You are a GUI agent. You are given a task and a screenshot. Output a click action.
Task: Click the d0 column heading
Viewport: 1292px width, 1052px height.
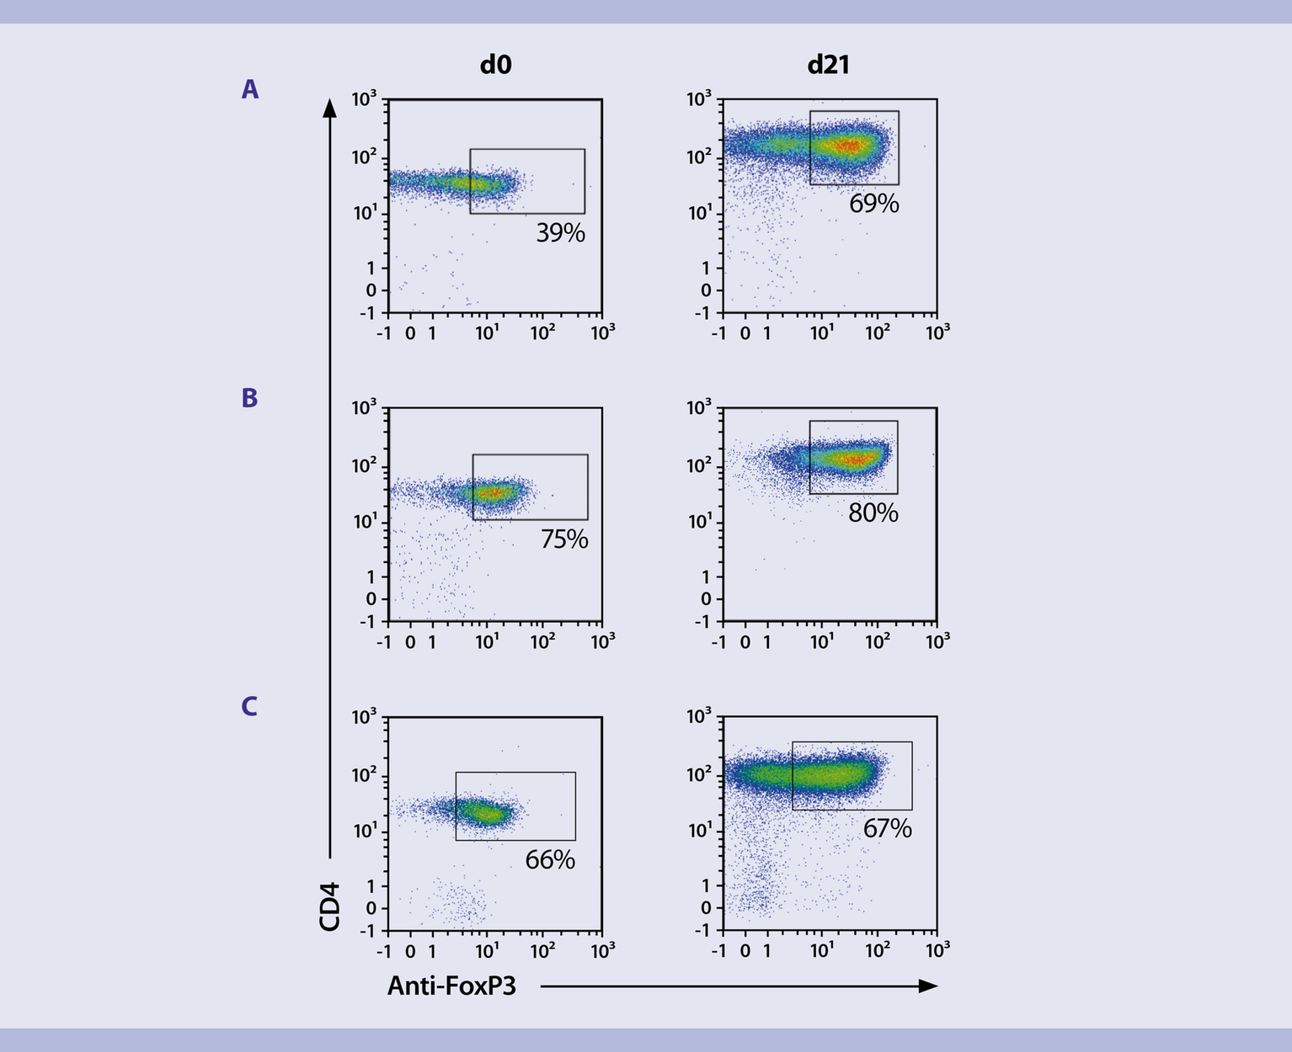tap(495, 65)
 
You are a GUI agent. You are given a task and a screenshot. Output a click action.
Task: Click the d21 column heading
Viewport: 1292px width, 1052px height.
tap(828, 65)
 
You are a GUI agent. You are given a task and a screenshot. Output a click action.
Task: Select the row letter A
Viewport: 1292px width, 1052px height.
tap(249, 89)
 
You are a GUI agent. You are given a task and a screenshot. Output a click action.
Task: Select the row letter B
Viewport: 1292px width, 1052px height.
tap(249, 398)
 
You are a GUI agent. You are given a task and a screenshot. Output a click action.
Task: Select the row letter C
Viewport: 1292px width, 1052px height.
tap(249, 706)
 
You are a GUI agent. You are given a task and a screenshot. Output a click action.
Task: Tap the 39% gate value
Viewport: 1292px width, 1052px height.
tap(560, 233)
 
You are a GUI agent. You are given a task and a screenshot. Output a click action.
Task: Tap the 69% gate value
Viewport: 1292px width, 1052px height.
tap(873, 204)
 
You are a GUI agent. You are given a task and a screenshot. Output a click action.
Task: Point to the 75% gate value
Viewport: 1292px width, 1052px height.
tap(564, 539)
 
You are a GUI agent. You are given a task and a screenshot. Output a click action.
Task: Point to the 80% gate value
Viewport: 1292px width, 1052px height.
tap(873, 513)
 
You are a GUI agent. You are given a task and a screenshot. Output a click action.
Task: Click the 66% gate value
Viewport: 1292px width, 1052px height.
tap(550, 859)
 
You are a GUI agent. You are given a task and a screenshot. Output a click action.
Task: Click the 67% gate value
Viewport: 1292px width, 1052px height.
tap(887, 828)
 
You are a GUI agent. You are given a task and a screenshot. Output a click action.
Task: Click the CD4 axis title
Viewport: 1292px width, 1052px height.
tap(329, 906)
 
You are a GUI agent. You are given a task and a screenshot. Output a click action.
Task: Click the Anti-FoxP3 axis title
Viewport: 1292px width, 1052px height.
tap(451, 986)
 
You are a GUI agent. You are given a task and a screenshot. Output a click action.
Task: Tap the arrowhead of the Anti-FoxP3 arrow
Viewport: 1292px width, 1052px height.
tap(929, 986)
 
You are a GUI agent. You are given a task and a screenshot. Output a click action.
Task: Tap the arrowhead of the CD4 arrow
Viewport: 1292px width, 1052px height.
tap(330, 107)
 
